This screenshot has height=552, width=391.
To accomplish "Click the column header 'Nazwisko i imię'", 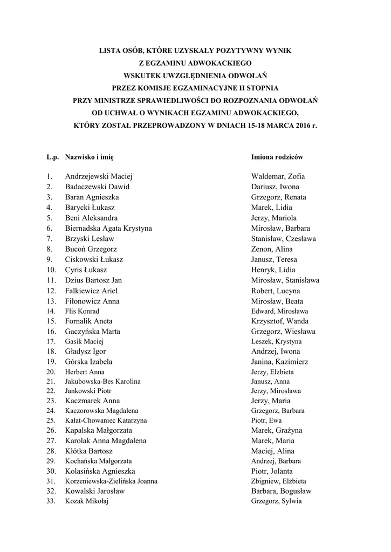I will click(x=89, y=157).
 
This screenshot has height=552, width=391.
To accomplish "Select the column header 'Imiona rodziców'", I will click(x=277, y=157).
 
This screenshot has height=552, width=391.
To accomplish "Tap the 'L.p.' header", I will click(x=52, y=157).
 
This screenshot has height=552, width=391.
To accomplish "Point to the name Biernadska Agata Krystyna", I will click(x=108, y=228).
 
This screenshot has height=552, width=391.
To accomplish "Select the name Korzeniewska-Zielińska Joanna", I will click(x=111, y=481).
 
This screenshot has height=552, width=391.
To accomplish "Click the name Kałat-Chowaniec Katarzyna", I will click(x=106, y=420).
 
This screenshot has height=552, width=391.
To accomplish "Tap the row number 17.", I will click(x=51, y=341).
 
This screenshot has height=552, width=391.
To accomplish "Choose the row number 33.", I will click(x=51, y=501).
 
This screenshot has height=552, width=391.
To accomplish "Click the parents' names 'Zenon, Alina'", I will click(x=272, y=249).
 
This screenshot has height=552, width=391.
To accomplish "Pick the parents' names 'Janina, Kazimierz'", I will click(x=280, y=362).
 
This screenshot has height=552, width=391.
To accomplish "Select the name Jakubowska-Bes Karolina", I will click(x=102, y=381).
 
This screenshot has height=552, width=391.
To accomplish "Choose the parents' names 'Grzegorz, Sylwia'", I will click(x=276, y=501).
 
